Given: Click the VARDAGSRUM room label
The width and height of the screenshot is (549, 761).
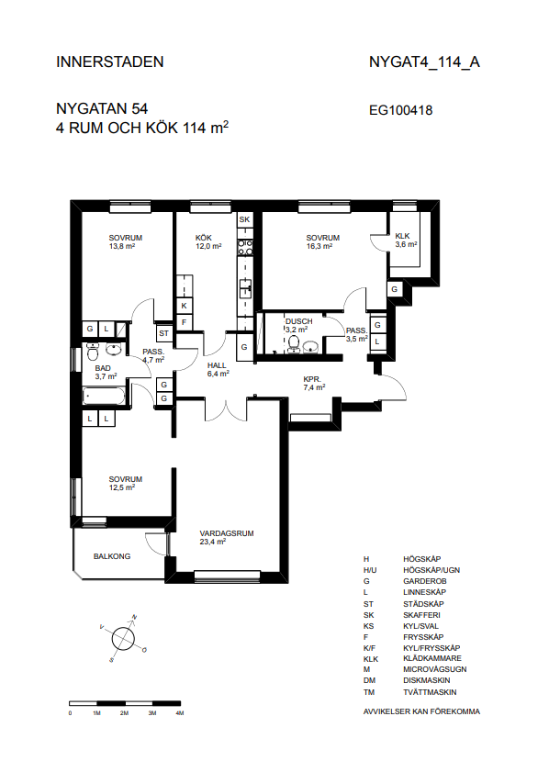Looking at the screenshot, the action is [227, 533].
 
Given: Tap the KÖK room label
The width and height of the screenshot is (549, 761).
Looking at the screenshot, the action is [204, 238].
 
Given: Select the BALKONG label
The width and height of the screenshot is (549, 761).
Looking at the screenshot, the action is [112, 556].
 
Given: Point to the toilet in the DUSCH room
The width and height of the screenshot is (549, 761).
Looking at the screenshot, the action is [294, 343].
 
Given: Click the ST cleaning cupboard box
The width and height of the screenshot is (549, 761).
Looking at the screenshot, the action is [164, 333].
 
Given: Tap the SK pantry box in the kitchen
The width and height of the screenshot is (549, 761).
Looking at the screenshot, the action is [244, 219].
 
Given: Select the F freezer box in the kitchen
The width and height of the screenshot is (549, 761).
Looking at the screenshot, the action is [184, 322].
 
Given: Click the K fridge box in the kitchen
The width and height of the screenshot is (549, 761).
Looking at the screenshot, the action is [184, 306].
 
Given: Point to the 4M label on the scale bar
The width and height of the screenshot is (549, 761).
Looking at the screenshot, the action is [180, 713].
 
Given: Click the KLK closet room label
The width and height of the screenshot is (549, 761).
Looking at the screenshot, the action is [402, 236].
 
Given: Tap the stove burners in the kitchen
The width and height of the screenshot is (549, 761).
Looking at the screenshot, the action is [244, 248].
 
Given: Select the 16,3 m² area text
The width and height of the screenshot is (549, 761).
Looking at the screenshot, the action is [319, 246].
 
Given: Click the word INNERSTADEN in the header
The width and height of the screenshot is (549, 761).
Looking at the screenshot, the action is [110, 62].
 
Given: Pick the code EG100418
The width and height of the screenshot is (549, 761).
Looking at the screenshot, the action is [401, 110].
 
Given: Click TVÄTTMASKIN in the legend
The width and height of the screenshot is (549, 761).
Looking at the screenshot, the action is [430, 692].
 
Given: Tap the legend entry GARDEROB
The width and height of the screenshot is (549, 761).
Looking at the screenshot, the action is [425, 581].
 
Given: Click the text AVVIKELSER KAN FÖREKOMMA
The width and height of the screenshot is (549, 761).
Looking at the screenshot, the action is [421, 711].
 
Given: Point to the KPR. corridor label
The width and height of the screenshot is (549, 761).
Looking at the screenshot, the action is [312, 379].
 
